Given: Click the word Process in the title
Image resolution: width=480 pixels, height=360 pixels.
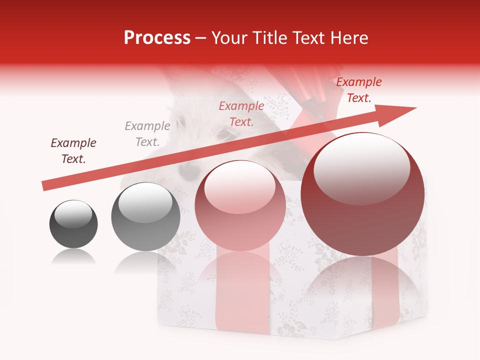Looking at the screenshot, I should coord(157,38).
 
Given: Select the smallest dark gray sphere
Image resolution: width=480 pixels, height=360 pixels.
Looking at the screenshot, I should coord(73,224).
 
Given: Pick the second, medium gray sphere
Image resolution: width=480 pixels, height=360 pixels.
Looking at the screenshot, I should coord(145,216).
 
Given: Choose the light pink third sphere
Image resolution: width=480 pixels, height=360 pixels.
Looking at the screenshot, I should coord(240,206).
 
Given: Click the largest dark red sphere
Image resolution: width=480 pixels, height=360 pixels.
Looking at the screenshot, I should coord(362,194).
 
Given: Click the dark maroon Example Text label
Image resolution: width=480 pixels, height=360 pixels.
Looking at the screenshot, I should coord(73,151).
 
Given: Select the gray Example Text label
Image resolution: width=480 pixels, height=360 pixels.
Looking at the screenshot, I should coord(147,134).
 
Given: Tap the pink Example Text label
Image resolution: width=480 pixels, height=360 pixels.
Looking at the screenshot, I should coord(241,113).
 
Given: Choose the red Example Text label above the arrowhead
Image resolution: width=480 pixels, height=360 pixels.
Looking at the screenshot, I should coord(358,90).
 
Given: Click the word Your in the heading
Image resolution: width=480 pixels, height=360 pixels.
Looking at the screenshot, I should coord(227,38).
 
